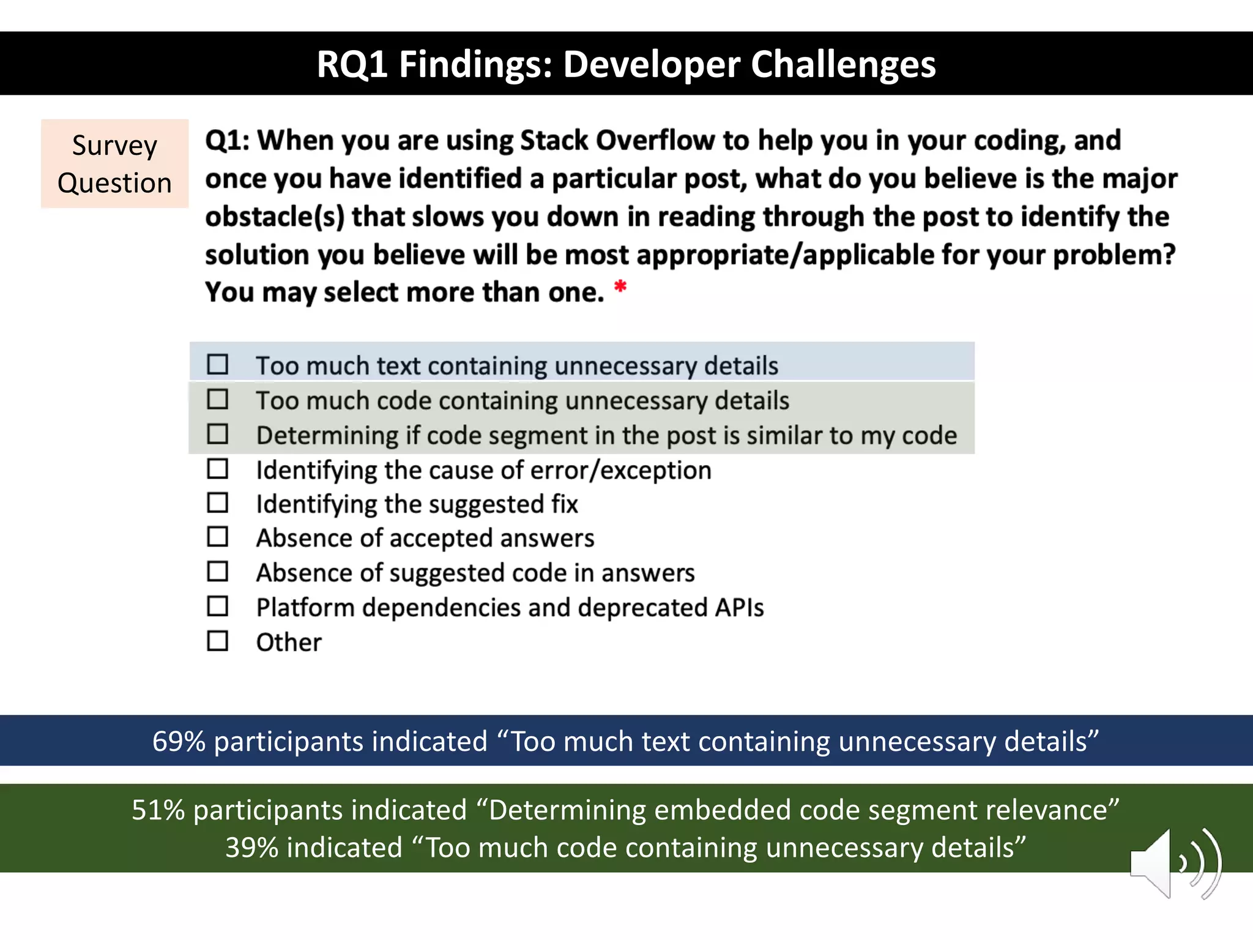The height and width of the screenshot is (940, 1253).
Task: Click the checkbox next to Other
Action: tap(217, 641)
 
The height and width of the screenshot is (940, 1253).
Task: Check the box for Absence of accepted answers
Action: tap(217, 537)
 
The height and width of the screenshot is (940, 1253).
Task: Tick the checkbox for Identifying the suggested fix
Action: tap(217, 502)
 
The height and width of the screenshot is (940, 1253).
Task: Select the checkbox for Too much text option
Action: tap(217, 364)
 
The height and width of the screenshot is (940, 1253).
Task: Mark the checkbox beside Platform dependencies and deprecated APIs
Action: tap(217, 606)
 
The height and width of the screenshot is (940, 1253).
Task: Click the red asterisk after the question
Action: tap(620, 286)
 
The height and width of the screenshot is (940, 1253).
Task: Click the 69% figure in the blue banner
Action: tap(178, 741)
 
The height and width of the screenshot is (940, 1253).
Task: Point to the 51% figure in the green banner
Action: tap(158, 810)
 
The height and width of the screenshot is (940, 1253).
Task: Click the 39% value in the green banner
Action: tap(251, 848)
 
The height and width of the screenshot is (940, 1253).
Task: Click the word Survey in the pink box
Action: tap(114, 146)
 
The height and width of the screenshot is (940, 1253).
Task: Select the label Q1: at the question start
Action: tap(227, 141)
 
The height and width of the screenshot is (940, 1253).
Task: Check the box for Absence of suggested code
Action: tap(217, 572)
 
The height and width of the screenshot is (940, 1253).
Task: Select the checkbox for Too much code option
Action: tap(217, 399)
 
